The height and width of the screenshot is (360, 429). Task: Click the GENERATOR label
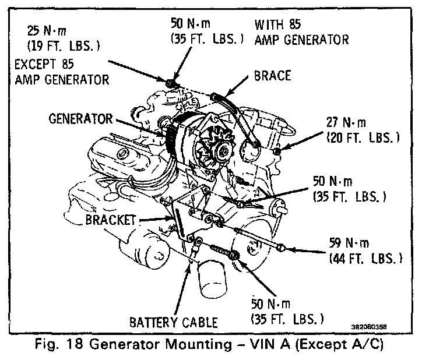[80, 119]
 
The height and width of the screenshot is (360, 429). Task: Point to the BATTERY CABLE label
[173, 322]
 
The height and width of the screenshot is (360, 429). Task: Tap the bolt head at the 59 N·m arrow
[282, 249]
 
